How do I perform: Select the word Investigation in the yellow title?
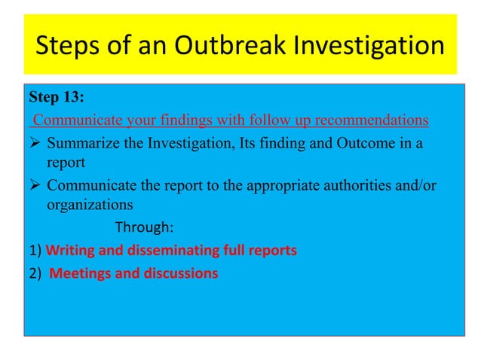coord(376,47)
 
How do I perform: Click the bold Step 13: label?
coord(57,98)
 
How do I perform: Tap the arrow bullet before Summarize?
coord(35,145)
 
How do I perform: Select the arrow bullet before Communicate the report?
coord(35,187)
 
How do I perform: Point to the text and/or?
coord(418,187)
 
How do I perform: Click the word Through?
coord(143,227)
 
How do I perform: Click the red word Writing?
coord(69,251)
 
